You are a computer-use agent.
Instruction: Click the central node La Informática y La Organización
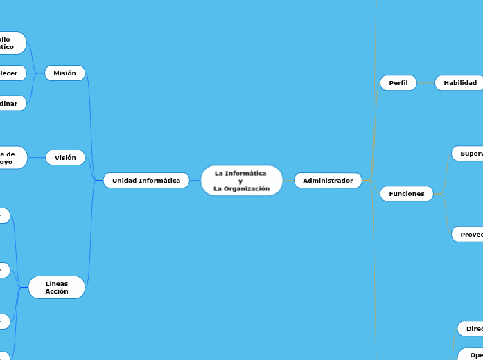(x=241, y=180)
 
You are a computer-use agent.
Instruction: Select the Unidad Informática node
(x=146, y=181)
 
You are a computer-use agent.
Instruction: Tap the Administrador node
(x=328, y=181)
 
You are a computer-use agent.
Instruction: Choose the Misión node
(x=64, y=73)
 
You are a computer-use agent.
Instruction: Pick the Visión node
(x=65, y=158)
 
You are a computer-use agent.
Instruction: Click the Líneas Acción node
(x=57, y=287)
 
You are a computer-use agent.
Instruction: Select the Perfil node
(x=398, y=83)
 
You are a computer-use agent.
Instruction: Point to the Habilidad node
(x=459, y=83)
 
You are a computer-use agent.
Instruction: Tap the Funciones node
(x=406, y=194)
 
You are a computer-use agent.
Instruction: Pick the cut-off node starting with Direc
(x=471, y=328)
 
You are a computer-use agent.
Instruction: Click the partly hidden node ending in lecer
(x=11, y=73)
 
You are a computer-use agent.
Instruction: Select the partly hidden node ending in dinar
(x=11, y=103)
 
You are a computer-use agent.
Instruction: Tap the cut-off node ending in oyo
(x=11, y=158)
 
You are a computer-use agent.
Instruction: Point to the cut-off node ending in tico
(x=11, y=43)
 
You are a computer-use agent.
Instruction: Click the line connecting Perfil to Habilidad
(x=425, y=83)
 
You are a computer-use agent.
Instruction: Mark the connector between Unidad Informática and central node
(x=195, y=181)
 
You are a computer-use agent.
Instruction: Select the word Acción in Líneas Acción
(x=57, y=291)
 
